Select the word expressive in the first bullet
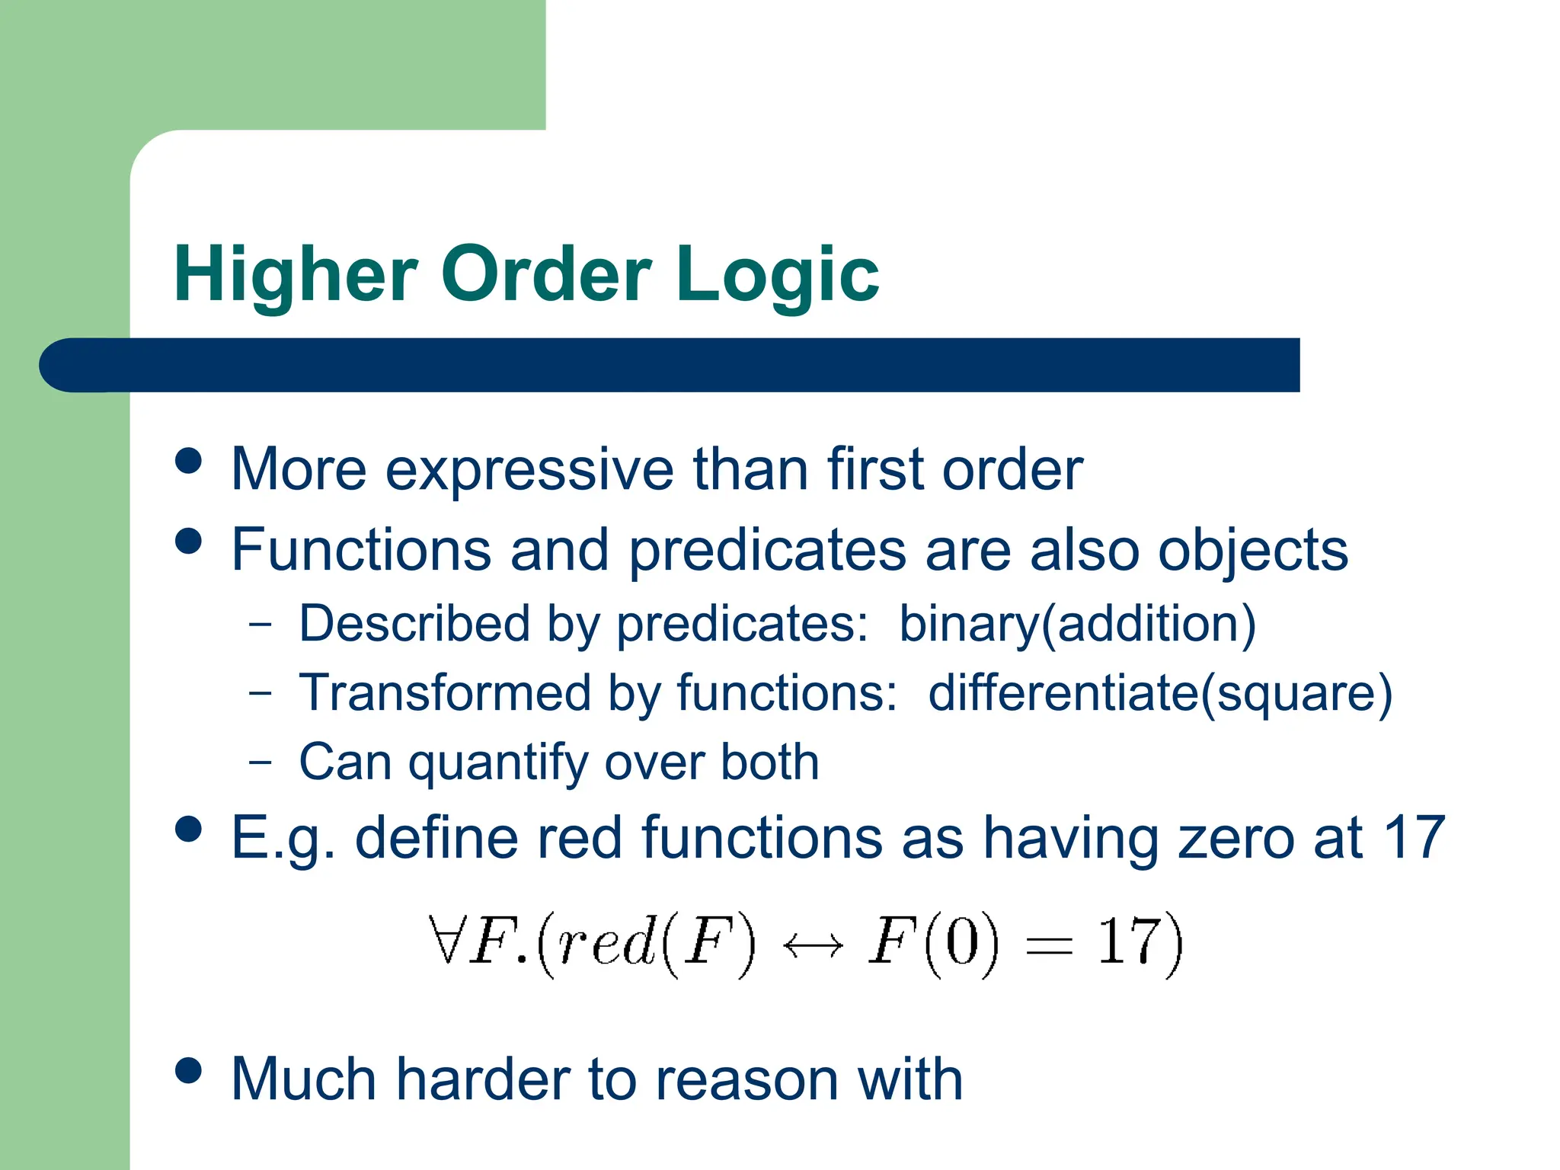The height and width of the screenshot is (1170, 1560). [x=529, y=470]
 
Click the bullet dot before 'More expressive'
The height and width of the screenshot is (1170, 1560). [x=188, y=461]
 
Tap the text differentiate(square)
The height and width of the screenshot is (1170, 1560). [x=1159, y=693]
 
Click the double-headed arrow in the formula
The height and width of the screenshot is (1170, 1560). [x=813, y=946]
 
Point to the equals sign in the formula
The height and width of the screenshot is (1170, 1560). [x=1049, y=946]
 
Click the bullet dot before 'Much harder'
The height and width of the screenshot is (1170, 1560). [x=188, y=1070]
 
